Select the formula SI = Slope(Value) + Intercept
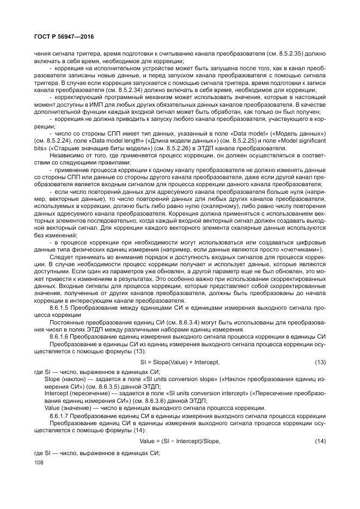coord(180,361)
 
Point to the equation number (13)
coord(320,361)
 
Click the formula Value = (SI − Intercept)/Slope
coord(180,441)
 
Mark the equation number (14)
coord(320,441)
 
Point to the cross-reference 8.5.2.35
coord(294,54)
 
